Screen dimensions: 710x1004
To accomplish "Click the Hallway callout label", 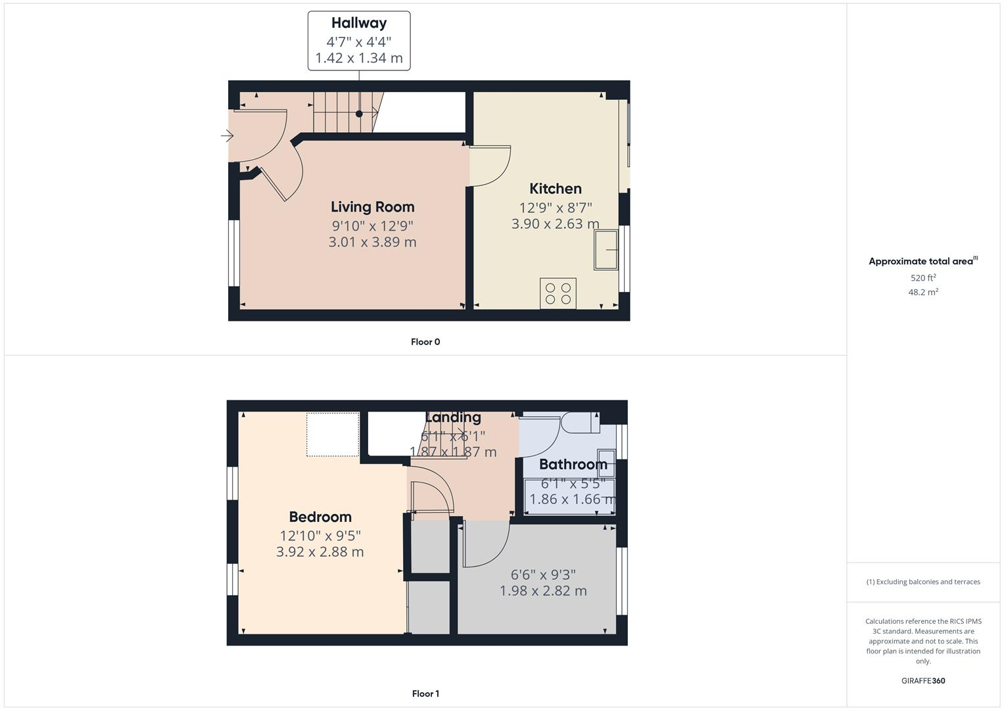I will click(x=359, y=24).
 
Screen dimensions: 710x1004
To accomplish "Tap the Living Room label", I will click(x=372, y=207).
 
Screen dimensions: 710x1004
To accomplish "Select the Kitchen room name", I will click(x=555, y=189).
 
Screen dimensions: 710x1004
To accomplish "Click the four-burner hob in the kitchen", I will click(x=558, y=293).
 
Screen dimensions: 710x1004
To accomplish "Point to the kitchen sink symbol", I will click(x=606, y=250).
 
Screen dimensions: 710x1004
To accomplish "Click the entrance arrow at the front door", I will click(x=227, y=136).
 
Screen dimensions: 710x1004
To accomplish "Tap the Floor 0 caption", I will click(x=425, y=342).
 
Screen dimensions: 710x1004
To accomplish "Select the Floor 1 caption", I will click(x=425, y=694).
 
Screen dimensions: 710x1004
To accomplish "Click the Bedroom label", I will click(x=320, y=517).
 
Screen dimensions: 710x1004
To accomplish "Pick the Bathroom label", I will click(x=573, y=464).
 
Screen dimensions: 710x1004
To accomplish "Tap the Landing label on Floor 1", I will click(x=453, y=417).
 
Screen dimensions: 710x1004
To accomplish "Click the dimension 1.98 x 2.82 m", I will click(x=543, y=590).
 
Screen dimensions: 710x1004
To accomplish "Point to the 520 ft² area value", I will click(x=923, y=277).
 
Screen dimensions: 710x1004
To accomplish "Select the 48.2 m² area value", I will click(x=923, y=292).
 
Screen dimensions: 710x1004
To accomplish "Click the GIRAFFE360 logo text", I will click(x=923, y=680).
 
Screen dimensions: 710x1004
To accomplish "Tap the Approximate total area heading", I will click(x=922, y=261).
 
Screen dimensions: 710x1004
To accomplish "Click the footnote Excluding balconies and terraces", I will click(x=923, y=582).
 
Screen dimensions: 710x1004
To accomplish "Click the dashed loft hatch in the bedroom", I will click(x=333, y=434).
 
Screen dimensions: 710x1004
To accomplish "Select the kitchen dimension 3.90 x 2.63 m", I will click(x=555, y=224).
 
